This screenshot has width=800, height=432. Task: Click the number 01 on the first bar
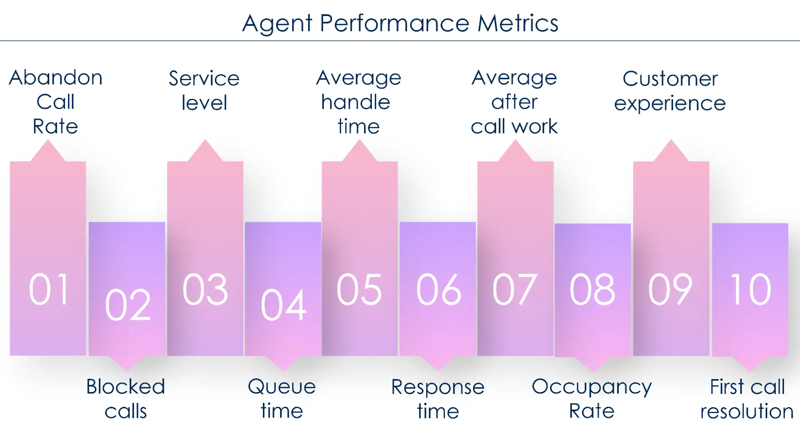(49, 289)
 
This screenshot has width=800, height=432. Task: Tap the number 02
(128, 305)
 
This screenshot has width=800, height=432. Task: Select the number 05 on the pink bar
(359, 289)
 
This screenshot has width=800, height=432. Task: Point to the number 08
(592, 289)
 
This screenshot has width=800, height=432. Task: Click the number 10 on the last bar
(750, 289)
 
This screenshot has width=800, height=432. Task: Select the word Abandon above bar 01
(56, 78)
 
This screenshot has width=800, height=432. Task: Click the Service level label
(204, 90)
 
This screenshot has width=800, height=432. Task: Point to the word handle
(355, 102)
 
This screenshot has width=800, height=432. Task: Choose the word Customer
(670, 78)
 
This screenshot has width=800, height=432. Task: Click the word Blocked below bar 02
(126, 387)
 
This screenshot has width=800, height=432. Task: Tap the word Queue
(282, 387)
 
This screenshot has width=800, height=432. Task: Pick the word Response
(438, 387)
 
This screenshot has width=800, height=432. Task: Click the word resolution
(747, 411)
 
